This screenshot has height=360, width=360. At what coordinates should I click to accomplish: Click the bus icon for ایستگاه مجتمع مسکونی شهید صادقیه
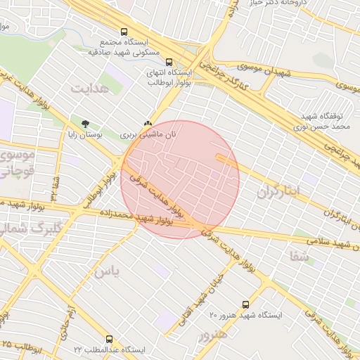[x=124, y=32]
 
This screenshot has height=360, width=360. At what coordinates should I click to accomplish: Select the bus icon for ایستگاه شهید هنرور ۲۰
[x=245, y=304]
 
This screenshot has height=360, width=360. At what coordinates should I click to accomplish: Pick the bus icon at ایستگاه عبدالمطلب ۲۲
[x=109, y=339]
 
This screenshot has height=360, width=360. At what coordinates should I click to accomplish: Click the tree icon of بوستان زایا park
[x=86, y=122]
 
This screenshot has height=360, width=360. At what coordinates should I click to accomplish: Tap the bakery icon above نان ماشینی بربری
[x=148, y=122]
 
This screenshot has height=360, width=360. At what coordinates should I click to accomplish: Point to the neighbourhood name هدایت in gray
[x=89, y=87]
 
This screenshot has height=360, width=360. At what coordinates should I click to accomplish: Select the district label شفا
[x=298, y=257]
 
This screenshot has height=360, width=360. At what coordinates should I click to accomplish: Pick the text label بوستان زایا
[x=84, y=134]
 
